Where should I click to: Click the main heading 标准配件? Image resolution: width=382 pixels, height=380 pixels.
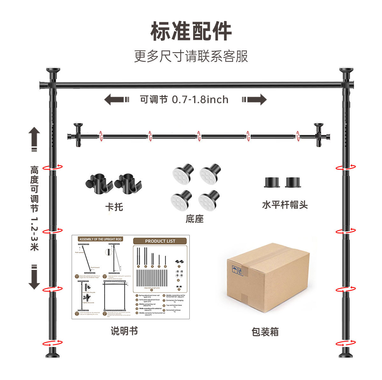pyautogui.click(x=191, y=31)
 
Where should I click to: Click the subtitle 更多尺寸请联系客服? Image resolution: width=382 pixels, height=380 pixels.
pyautogui.click(x=191, y=56)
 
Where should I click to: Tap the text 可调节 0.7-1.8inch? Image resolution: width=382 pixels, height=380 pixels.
pyautogui.click(x=184, y=100)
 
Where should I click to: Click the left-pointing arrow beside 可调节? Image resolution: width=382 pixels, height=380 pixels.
pyautogui.click(x=117, y=100)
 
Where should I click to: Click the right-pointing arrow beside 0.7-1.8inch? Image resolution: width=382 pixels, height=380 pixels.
pyautogui.click(x=254, y=100)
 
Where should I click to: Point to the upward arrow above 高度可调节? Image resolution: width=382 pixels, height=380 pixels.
pyautogui.click(x=34, y=139)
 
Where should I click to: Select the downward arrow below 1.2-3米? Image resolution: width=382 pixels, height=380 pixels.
pyautogui.click(x=34, y=277)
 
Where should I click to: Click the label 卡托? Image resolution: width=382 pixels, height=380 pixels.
pyautogui.click(x=114, y=207)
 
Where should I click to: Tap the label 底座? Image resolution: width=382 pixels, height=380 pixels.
pyautogui.click(x=195, y=219)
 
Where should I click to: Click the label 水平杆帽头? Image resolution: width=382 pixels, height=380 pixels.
pyautogui.click(x=285, y=205)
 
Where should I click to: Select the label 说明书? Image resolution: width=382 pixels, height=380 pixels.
pyautogui.click(x=124, y=331)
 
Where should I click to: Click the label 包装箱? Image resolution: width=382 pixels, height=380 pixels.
pyautogui.click(x=265, y=332)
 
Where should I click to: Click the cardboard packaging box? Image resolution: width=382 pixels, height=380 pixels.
pyautogui.click(x=268, y=277)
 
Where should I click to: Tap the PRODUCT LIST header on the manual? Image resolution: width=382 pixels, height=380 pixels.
pyautogui.click(x=160, y=241)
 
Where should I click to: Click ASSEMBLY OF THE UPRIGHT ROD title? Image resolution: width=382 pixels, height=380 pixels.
pyautogui.click(x=100, y=239)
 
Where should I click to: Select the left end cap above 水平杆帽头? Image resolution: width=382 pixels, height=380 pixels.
pyautogui.click(x=272, y=182)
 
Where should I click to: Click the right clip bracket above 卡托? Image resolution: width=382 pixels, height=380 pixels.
pyautogui.click(x=128, y=183)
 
